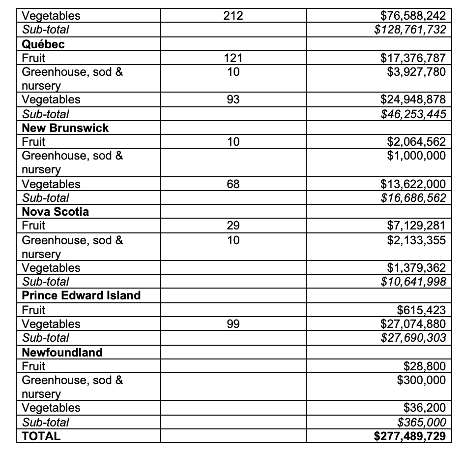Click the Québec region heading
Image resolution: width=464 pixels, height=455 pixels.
point(43,44)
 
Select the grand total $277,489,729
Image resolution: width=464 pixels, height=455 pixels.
point(410,436)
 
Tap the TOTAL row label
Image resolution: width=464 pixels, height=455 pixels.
point(41,436)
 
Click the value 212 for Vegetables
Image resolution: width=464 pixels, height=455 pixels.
point(233,16)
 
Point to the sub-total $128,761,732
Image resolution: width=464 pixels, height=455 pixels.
point(410,30)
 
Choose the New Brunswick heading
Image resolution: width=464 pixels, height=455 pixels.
point(65,128)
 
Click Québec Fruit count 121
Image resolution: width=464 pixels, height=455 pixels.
point(233,58)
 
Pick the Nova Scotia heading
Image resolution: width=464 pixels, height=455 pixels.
point(56,212)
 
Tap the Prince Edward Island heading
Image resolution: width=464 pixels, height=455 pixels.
point(81,295)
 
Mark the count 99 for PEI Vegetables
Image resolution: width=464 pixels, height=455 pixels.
point(233,324)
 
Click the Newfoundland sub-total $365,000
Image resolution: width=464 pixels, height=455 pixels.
point(421,422)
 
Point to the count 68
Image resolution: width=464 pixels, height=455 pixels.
point(233,184)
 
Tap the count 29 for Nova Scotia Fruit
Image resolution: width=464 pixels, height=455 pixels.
point(233,226)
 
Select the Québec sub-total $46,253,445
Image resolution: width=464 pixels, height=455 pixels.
point(413,114)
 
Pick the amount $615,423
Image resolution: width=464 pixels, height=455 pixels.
point(421,310)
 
